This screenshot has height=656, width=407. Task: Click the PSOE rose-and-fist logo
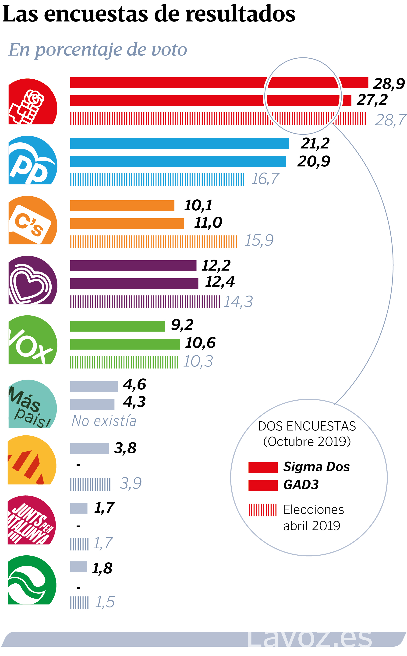point(32,102)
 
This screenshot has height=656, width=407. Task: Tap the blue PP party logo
point(32,160)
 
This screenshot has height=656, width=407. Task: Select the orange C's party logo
point(32,220)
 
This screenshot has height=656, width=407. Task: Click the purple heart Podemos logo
point(32,280)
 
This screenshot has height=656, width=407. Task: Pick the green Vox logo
point(32,340)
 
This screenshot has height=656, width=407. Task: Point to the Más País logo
point(32,404)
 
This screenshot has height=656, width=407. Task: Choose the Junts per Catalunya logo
point(32,520)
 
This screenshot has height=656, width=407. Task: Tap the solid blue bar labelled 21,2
point(179,143)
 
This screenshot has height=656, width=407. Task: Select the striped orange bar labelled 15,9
point(153,242)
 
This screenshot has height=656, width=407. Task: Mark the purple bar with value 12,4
point(134,284)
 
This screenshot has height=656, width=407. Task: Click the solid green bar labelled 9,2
point(117,326)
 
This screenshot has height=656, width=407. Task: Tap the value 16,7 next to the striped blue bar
point(265,179)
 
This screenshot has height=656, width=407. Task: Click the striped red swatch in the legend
point(262,510)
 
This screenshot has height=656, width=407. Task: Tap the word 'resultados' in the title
point(240,14)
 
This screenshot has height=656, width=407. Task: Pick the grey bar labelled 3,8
point(89,448)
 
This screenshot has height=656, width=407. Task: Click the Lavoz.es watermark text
point(310,638)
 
